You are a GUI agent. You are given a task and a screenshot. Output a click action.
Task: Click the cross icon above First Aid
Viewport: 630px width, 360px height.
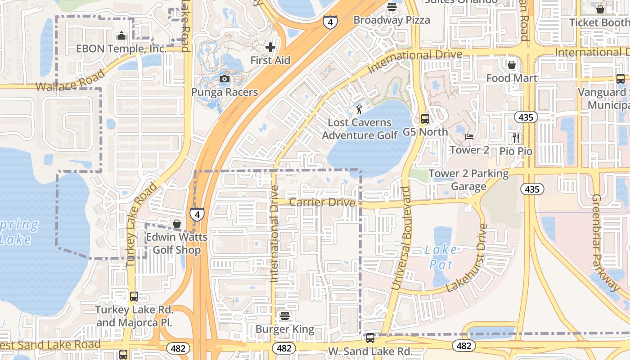tap(270, 47)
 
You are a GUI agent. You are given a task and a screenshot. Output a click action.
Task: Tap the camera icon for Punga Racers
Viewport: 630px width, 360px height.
tap(224, 79)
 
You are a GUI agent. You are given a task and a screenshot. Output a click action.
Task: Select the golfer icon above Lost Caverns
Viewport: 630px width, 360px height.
tap(359, 109)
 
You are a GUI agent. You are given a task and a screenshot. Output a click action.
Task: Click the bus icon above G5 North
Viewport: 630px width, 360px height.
tap(425, 119)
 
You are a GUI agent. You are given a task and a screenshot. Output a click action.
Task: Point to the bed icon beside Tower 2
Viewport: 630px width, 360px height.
tap(469, 136)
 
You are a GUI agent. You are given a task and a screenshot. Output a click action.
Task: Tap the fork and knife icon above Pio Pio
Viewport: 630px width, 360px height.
tap(516, 138)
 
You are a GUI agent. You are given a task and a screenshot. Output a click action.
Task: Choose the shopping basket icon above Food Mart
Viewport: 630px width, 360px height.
tap(512, 65)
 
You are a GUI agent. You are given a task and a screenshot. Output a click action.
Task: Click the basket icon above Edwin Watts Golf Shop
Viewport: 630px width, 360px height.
tap(177, 224)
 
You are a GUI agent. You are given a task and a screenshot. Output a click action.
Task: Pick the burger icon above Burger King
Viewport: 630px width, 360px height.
tap(284, 316)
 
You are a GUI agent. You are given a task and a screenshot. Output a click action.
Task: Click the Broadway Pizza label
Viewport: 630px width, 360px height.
tap(391, 20)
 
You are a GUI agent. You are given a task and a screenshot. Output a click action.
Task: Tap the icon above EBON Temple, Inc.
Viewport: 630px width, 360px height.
tap(121, 36)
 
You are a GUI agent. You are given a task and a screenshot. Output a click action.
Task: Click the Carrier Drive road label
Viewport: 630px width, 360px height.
tap(322, 202)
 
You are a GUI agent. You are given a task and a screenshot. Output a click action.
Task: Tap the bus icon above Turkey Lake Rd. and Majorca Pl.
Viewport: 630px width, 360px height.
tap(134, 297)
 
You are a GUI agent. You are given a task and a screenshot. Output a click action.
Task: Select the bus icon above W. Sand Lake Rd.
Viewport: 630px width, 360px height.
tap(370, 337)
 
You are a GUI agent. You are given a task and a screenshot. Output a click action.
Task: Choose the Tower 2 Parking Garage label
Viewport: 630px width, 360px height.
tap(468, 180)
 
